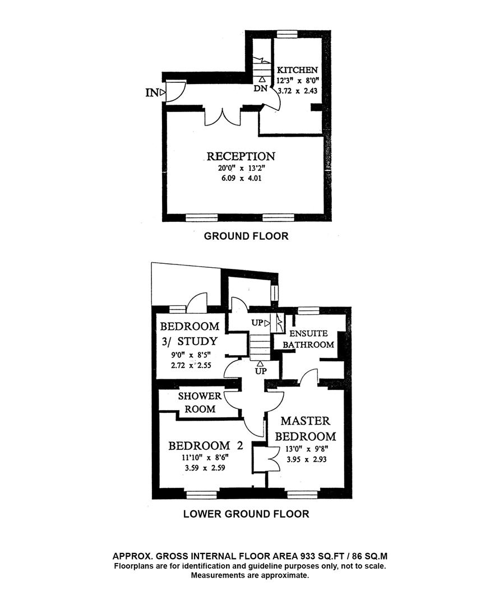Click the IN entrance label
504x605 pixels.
151,92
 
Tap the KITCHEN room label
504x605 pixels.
298,70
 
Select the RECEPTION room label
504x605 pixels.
241,156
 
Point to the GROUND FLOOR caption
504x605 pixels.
246,236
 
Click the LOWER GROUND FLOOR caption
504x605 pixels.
246,513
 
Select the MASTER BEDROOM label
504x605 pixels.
308,429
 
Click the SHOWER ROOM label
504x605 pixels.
197,402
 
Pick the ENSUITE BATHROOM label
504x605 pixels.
308,339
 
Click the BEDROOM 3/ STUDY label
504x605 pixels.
189,334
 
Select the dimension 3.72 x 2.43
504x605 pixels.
298,91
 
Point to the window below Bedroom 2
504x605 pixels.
201,494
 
